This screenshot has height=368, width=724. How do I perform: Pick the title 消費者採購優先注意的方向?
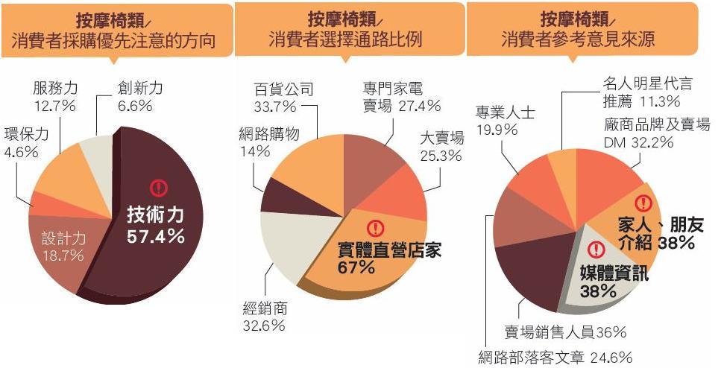(113, 41)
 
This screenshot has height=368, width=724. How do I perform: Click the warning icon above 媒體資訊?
(596, 250)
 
